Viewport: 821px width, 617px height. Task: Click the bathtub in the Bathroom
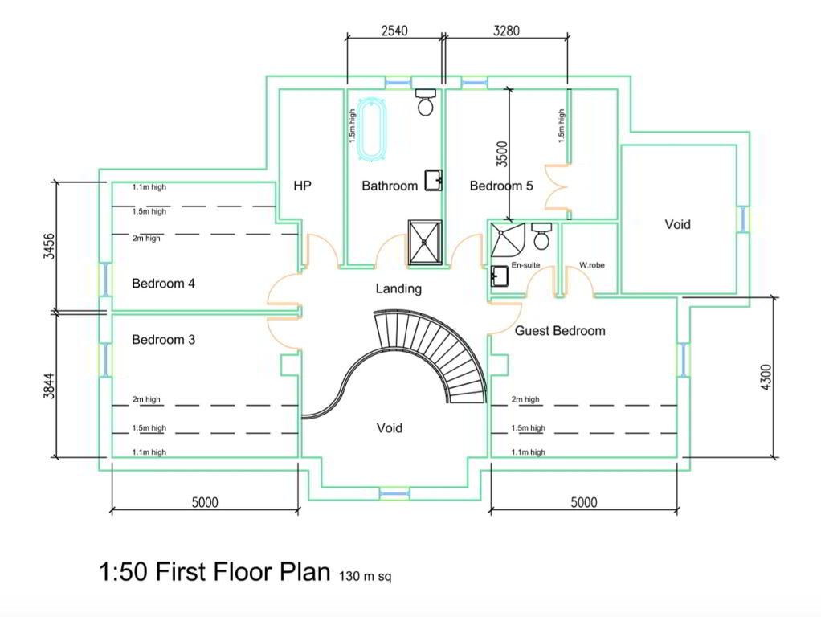pos(372,128)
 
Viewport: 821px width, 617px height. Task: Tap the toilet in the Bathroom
pos(425,102)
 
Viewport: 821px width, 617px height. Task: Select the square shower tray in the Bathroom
pos(425,243)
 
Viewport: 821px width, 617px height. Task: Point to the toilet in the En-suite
pos(541,236)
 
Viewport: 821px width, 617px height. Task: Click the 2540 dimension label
pos(394,31)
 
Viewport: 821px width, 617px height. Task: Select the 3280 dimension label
pos(506,31)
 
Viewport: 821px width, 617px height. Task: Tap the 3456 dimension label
pos(49,246)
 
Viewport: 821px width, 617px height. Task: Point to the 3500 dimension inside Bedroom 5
pos(501,154)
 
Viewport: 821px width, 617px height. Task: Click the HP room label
pos(302,186)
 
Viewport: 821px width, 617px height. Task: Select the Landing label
pos(398,288)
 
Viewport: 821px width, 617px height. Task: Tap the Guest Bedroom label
pos(560,330)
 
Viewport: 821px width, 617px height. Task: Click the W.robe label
pos(592,265)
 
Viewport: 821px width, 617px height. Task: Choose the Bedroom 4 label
pos(163,284)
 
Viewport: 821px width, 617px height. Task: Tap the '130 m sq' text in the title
pos(365,576)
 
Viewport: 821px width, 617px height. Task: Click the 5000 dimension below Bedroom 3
pos(205,502)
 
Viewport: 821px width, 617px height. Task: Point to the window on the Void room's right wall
pos(744,219)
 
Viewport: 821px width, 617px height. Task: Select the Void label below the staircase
pos(390,428)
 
